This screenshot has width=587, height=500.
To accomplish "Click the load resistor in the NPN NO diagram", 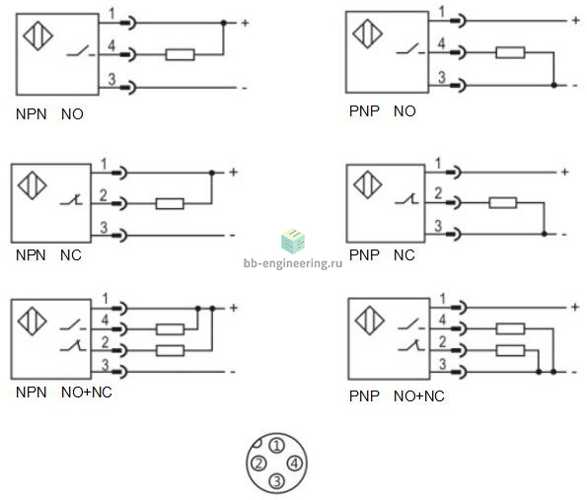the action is pyautogui.click(x=181, y=54).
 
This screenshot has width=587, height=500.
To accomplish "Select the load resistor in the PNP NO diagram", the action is pyautogui.click(x=510, y=52).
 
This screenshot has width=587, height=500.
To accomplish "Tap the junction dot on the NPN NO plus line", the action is pyautogui.click(x=224, y=23).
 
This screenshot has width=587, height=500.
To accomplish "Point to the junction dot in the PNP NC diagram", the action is pyautogui.click(x=545, y=234).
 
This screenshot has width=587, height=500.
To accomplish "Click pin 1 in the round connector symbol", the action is pyautogui.click(x=277, y=446).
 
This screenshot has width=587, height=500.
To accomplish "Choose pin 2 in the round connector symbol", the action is pyautogui.click(x=258, y=464).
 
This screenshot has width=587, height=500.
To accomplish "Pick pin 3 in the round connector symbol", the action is pyautogui.click(x=277, y=481).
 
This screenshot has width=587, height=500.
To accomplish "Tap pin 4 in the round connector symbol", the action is pyautogui.click(x=295, y=464).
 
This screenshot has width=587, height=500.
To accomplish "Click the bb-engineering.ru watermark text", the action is pyautogui.click(x=293, y=263).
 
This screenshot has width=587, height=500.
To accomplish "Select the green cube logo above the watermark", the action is pyautogui.click(x=293, y=241).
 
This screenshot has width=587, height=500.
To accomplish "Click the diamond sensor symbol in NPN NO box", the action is pyautogui.click(x=37, y=36).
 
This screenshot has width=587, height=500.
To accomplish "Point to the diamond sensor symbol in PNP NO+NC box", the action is pyautogui.click(x=370, y=321).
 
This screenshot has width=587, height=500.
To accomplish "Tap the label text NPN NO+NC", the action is pyautogui.click(x=64, y=393).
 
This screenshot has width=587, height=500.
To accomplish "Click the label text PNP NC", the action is pyautogui.click(x=382, y=255).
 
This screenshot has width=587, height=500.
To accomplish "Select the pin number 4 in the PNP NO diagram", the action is pyautogui.click(x=442, y=43).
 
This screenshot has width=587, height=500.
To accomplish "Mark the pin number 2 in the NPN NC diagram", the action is pyautogui.click(x=104, y=195).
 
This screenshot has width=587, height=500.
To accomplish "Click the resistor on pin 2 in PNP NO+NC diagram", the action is pyautogui.click(x=510, y=351).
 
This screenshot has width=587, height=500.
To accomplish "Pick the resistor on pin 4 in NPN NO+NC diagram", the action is pyautogui.click(x=171, y=329).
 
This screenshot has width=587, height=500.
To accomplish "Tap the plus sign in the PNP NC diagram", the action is pyautogui.click(x=565, y=173).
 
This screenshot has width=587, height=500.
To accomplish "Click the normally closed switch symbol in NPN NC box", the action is pyautogui.click(x=71, y=200).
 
